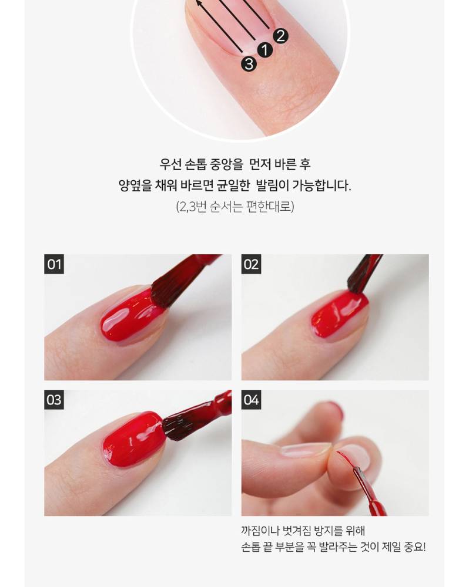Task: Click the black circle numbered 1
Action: pyautogui.click(x=265, y=50)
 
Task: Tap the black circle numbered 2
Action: pyautogui.click(x=281, y=36)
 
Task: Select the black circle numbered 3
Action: pyautogui.click(x=249, y=63)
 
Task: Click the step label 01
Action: pyautogui.click(x=54, y=264)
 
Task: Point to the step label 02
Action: pyautogui.click(x=251, y=264)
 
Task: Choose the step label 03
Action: pyautogui.click(x=54, y=400)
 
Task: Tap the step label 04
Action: pyautogui.click(x=251, y=400)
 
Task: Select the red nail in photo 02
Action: pyautogui.click(x=337, y=315)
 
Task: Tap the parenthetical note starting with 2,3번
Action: pyautogui.click(x=235, y=206)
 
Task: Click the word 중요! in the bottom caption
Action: pyautogui.click(x=415, y=547)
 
